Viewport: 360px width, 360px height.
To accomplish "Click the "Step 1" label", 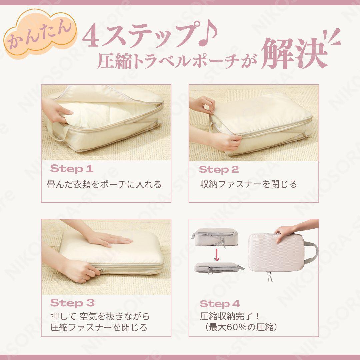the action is (72, 169).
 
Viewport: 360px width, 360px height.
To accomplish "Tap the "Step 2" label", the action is (219, 169).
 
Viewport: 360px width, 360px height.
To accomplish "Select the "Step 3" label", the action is (72, 303).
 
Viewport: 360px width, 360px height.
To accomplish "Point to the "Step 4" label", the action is (220, 304).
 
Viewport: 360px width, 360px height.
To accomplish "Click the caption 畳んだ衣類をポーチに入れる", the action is (104, 184).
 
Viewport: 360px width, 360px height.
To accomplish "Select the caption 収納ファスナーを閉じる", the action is (248, 184).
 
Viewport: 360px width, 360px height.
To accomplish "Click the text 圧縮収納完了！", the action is (230, 316).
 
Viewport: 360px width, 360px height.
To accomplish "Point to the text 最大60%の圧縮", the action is (241, 327).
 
